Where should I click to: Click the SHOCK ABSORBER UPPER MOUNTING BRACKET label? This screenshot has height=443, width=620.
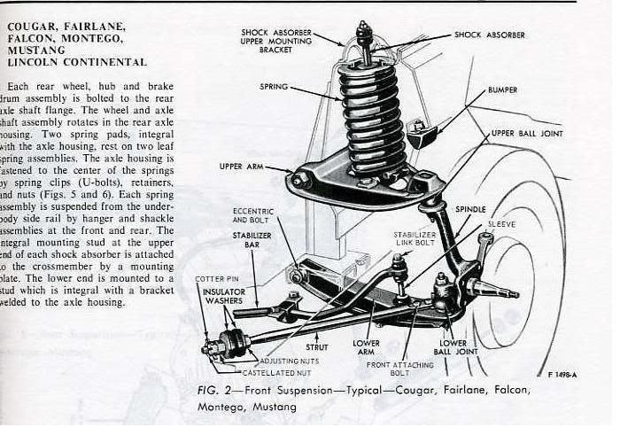tap(275, 41)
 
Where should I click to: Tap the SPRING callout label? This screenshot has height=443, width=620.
tap(275, 87)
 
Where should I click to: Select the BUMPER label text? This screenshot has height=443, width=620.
tap(502, 90)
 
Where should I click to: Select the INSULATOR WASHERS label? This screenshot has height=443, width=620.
tap(224, 298)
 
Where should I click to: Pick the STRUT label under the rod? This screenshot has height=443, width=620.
tap(317, 348)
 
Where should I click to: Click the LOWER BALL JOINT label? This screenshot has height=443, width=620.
tap(453, 347)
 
